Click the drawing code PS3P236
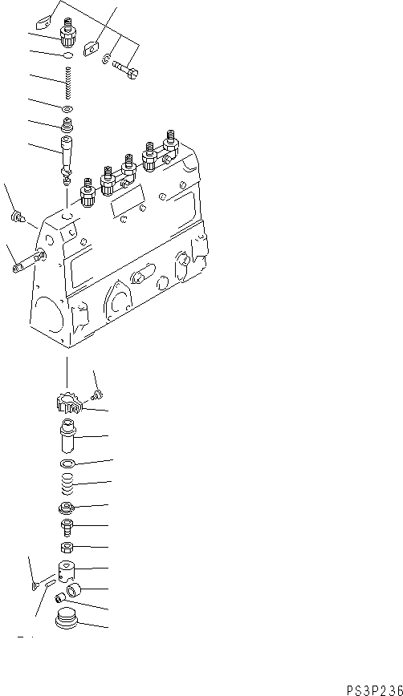click(374, 689)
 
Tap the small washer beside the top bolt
click(107, 57)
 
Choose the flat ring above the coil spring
click(68, 464)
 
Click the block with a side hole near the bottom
click(67, 572)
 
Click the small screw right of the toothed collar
click(97, 393)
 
